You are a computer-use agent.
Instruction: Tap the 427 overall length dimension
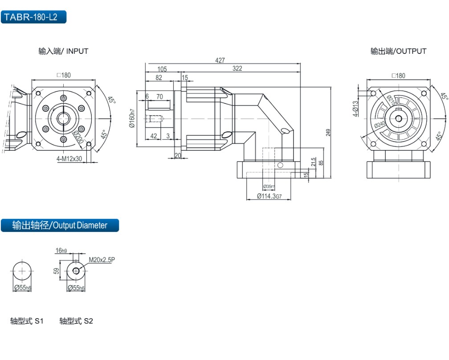[220, 61]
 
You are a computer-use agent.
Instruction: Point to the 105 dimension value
[162, 69]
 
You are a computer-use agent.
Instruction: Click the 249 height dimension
[328, 133]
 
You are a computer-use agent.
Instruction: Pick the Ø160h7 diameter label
[131, 119]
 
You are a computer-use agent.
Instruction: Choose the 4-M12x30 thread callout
[69, 158]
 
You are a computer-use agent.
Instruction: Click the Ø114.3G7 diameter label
[269, 196]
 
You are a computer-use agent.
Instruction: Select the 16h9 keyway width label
[61, 251]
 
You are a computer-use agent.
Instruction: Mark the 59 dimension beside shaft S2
[57, 271]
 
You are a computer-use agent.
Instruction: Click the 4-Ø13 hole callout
[355, 108]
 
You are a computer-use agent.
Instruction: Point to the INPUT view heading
[63, 51]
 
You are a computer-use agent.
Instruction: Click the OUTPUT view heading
[398, 51]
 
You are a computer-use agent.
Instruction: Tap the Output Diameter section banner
[60, 225]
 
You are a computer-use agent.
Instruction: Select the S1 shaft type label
[27, 321]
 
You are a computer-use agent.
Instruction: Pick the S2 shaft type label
[76, 321]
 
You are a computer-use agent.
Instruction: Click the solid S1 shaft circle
[22, 271]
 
